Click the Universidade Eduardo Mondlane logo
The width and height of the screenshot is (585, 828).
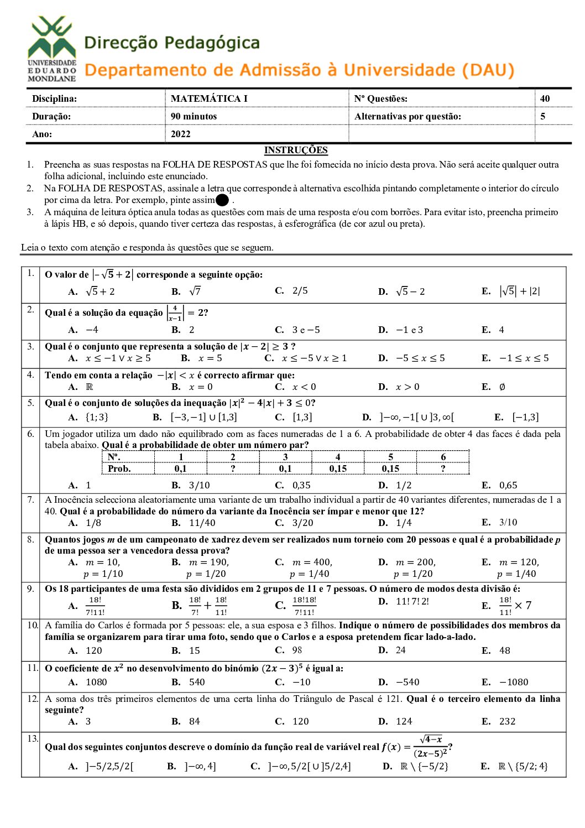tap(52, 49)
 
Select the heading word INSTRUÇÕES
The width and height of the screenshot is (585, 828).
tap(295, 150)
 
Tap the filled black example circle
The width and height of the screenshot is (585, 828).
tap(222, 200)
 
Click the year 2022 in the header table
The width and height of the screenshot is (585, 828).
tap(180, 134)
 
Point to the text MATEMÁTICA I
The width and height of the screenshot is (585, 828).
tap(209, 98)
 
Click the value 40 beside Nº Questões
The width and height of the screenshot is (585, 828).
tap(545, 98)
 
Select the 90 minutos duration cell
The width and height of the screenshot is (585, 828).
tap(194, 116)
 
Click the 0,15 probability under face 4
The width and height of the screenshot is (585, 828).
tap(338, 468)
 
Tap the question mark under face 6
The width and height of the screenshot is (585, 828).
tap(443, 468)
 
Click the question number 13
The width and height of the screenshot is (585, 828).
tap(32, 738)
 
